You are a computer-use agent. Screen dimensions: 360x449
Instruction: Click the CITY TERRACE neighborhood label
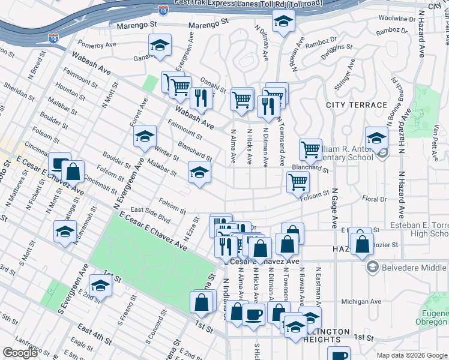tap(356, 105)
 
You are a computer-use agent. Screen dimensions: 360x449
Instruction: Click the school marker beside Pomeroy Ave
tap(160, 46)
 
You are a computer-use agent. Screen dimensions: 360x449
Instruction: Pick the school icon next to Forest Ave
tap(145, 137)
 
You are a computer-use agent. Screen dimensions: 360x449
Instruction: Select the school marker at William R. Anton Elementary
tap(376, 139)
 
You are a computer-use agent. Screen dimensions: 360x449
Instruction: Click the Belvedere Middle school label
tap(414, 266)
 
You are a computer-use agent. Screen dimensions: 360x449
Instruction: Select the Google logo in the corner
tap(20, 353)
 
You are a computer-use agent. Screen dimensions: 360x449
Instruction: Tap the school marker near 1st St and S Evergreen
tap(101, 286)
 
